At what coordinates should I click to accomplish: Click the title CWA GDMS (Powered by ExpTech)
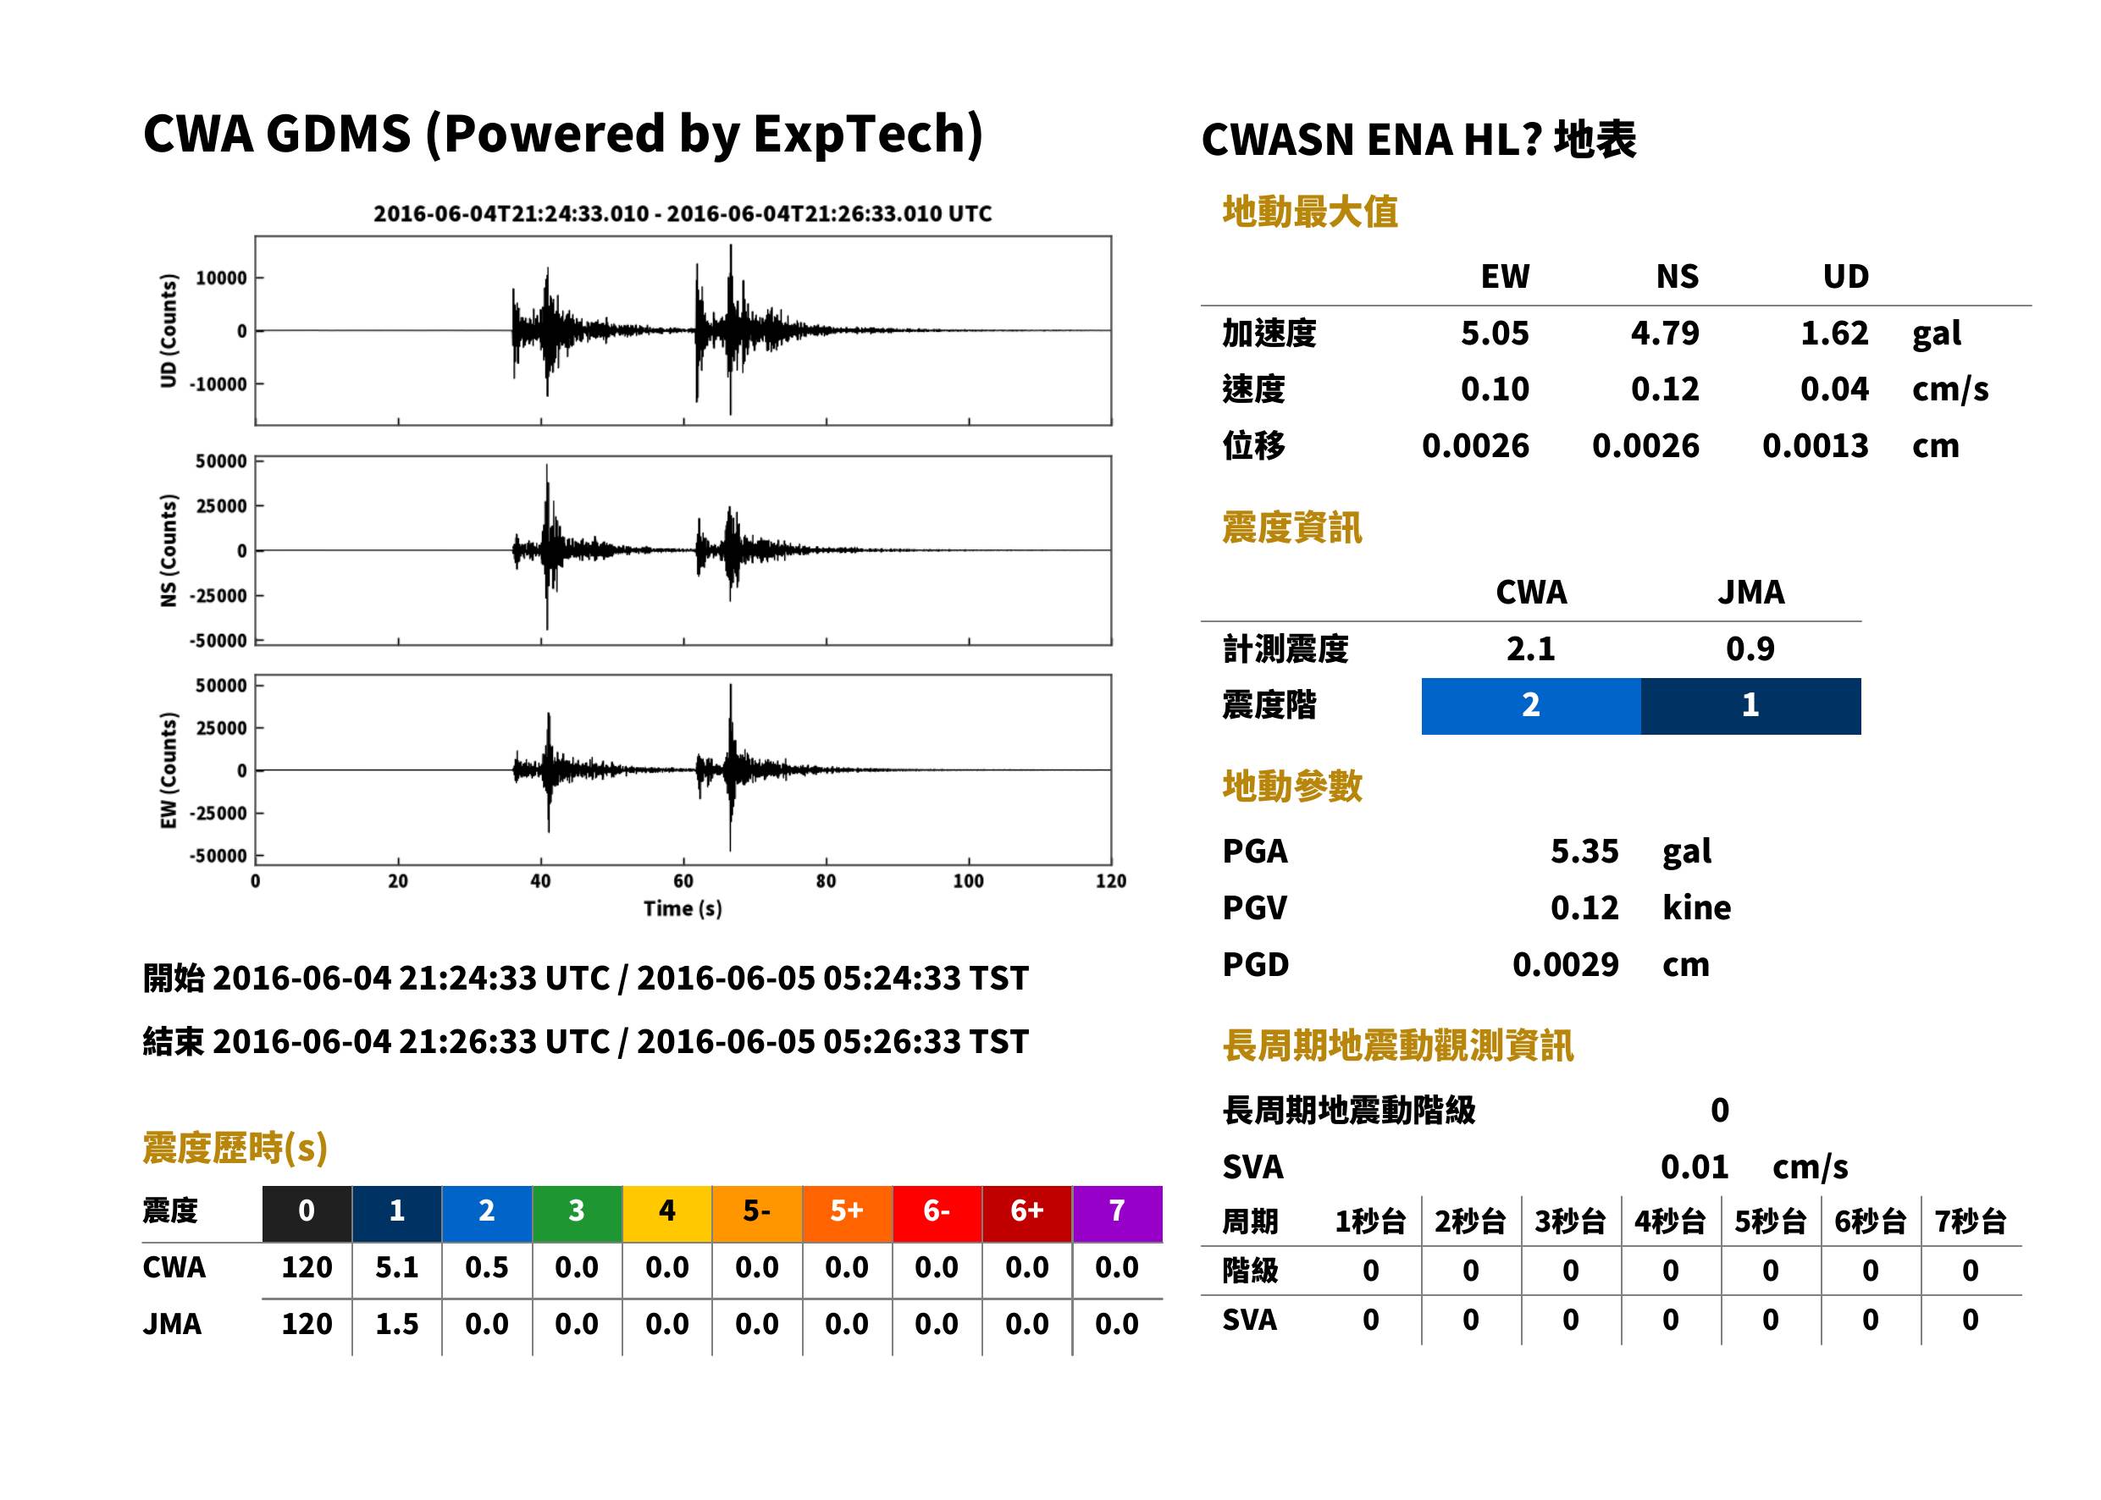click(x=562, y=135)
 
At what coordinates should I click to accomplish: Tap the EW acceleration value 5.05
click(x=1494, y=334)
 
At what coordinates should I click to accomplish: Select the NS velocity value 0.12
click(x=1664, y=389)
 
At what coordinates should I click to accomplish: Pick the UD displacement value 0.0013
click(x=1815, y=446)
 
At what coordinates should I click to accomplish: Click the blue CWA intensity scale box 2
click(x=1530, y=706)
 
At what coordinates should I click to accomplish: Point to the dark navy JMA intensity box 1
click(x=1751, y=706)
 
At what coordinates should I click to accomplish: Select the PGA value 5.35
click(x=1584, y=851)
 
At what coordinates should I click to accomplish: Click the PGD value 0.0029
click(x=1565, y=964)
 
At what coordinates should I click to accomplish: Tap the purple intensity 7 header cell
click(x=1117, y=1213)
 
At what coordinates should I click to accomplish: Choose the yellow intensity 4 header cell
click(x=667, y=1213)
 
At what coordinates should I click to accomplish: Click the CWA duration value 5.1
click(x=396, y=1267)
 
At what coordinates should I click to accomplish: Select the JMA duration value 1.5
click(x=396, y=1325)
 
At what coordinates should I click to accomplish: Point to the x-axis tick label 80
click(x=825, y=881)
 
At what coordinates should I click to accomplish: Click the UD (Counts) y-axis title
click(x=169, y=331)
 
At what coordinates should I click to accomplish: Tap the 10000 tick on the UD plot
click(x=221, y=278)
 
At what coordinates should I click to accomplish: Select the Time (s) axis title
click(x=683, y=909)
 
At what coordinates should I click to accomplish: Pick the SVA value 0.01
click(x=1695, y=1167)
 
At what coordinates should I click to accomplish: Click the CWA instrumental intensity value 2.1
click(x=1531, y=649)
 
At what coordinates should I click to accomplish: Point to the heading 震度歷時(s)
click(x=235, y=1149)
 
